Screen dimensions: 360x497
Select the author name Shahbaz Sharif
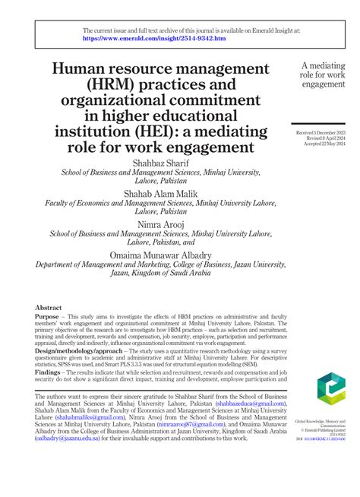pyautogui.click(x=159, y=163)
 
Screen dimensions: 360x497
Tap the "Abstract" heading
pyautogui.click(x=49, y=308)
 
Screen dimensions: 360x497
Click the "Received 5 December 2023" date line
pyautogui.click(x=322, y=133)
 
